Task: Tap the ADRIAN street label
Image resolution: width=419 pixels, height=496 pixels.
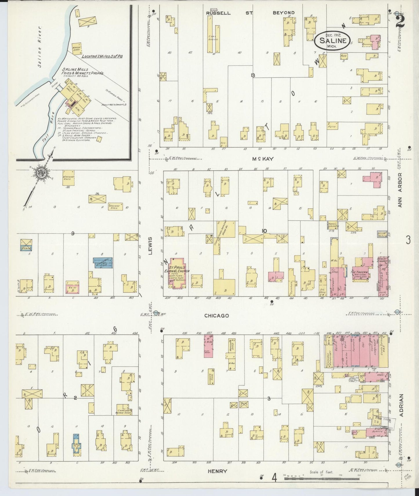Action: point(401,405)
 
